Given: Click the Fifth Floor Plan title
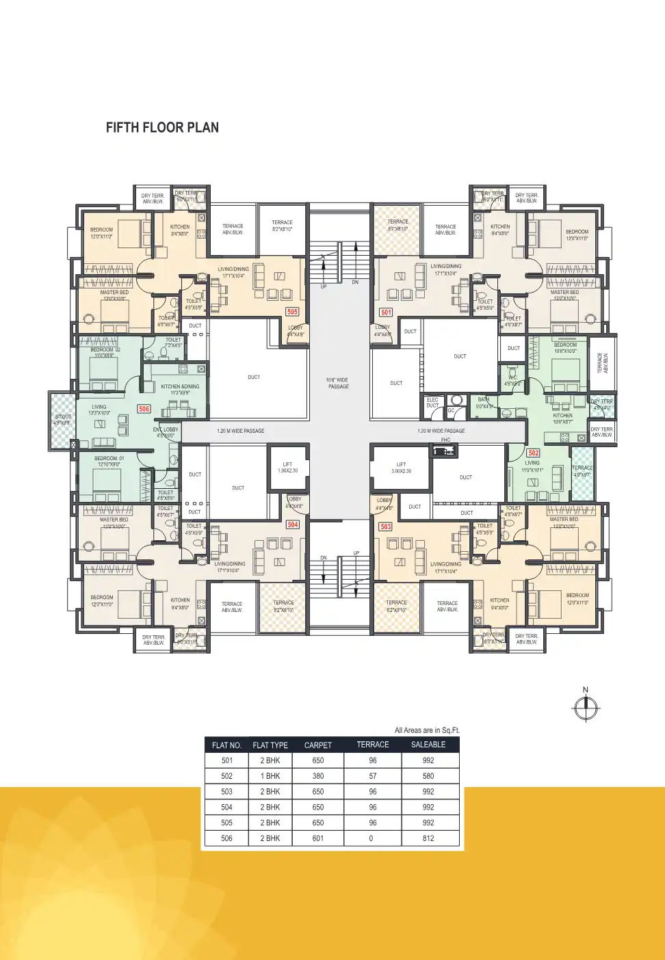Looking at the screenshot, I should pos(162,128).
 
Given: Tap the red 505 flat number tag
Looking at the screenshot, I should pos(292,312).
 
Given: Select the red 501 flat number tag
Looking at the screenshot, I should pos(387,312).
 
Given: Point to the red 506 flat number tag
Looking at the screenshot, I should pos(144,409).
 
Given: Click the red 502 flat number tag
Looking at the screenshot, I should pos(534,453).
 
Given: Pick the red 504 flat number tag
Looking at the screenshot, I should pos(293,524).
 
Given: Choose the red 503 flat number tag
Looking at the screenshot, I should pos(386,526).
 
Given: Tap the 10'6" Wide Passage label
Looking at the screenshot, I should pos(337,383).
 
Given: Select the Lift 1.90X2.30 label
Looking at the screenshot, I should pos(287,468).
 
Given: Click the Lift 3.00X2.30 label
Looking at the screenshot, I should pos(401,468).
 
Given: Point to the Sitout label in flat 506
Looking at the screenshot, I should pos(62,420).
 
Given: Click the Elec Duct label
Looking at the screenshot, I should pos(432,403).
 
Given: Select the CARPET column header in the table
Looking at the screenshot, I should pos(318,745).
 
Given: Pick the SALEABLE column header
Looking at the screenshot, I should pos(428,745).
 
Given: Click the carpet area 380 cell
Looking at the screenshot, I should pos(318,776).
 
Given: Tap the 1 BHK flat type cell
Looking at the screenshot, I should pos(270,776).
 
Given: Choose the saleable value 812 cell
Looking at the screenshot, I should pos(428,838).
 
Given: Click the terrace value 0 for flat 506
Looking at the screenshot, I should pos(371,838).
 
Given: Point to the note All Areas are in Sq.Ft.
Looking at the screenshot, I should pos(427,730).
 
